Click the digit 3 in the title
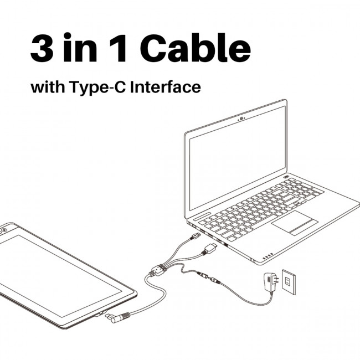pyautogui.click(x=42, y=48)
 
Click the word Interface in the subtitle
pyautogui.click(x=165, y=87)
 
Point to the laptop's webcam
pyautogui.click(x=241, y=119)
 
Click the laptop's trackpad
pyautogui.click(x=295, y=223)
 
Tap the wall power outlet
pyautogui.click(x=289, y=282)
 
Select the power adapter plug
pyautogui.click(x=271, y=282)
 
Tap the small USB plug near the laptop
pyautogui.click(x=195, y=236)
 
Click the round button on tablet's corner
pyautogui.click(x=4, y=230)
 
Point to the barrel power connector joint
pyautogui.click(x=208, y=277)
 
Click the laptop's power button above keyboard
pyautogui.click(x=286, y=177)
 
